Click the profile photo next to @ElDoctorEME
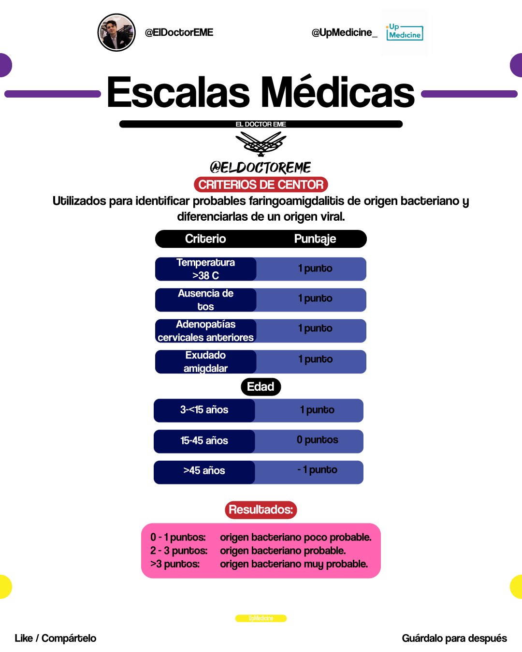click(116, 32)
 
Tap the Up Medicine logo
click(405, 32)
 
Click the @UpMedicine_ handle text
click(344, 32)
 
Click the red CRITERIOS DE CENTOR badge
click(261, 184)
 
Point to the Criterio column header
click(205, 239)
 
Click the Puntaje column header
click(315, 239)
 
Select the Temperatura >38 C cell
click(205, 269)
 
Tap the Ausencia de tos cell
click(205, 300)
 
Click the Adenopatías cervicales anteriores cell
click(205, 331)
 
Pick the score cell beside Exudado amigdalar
click(315, 360)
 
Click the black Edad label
click(261, 387)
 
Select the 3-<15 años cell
click(204, 410)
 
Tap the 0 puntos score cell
click(317, 440)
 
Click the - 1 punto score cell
click(317, 470)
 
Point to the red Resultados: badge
click(261, 510)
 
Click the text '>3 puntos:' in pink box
click(175, 564)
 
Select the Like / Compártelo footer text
click(56, 638)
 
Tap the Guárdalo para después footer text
click(454, 638)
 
